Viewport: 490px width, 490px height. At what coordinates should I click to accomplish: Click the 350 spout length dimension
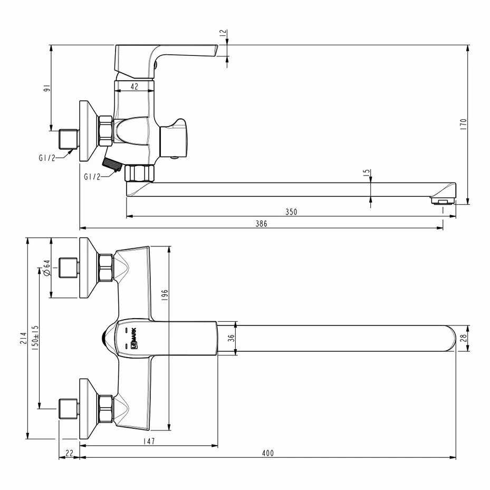[x=291, y=212]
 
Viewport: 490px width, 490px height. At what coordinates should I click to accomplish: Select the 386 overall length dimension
[x=261, y=224]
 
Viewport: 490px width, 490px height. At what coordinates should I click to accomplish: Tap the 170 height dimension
[x=463, y=124]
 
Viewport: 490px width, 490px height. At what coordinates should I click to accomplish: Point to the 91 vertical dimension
[x=46, y=88]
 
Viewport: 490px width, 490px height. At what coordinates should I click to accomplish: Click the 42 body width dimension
[x=134, y=87]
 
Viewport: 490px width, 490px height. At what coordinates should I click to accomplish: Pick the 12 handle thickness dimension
[x=223, y=33]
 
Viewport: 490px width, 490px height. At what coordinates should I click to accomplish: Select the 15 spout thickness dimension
[x=367, y=172]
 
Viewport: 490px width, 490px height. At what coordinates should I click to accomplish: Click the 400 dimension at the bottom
[x=268, y=453]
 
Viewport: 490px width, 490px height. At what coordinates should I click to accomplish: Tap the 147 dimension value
[x=149, y=441]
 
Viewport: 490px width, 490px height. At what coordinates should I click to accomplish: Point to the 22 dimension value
[x=69, y=453]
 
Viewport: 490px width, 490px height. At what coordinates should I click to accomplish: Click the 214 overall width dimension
[x=23, y=338]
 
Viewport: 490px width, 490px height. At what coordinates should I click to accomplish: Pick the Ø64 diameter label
[x=46, y=267]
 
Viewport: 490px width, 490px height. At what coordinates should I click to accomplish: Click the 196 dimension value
[x=165, y=295]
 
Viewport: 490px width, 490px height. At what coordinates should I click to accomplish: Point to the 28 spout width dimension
[x=463, y=338]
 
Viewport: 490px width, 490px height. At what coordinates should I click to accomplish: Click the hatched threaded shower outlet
[x=112, y=165]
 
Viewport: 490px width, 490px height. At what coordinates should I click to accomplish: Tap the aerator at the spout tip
[x=442, y=200]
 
